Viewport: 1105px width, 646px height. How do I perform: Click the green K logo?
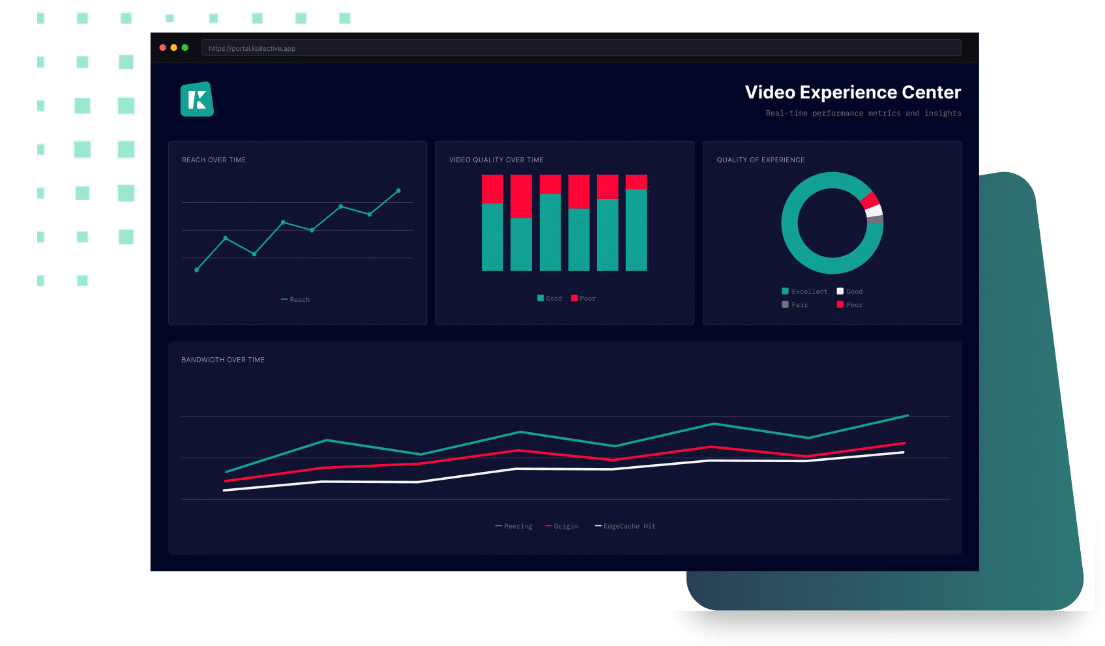(x=197, y=100)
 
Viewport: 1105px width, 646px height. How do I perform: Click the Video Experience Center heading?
(x=852, y=93)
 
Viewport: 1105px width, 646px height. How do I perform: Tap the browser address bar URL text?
(x=252, y=48)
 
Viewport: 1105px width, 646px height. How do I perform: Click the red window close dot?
(x=163, y=48)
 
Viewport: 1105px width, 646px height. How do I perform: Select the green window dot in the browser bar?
(x=185, y=48)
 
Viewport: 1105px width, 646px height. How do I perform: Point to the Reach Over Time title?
(x=214, y=160)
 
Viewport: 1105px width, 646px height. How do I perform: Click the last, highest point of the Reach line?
(x=398, y=191)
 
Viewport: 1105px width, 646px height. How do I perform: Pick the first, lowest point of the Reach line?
(x=197, y=270)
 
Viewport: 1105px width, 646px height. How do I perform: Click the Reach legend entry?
(x=296, y=300)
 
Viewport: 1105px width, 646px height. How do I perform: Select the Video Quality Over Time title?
(x=496, y=160)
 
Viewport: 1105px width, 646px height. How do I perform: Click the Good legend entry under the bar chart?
(x=550, y=299)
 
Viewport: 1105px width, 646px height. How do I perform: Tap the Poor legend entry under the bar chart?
(x=583, y=299)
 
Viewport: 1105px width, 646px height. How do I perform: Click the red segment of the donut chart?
(x=870, y=200)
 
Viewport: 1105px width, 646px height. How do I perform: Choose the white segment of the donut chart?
(x=874, y=211)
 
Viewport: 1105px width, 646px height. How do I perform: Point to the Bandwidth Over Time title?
(x=223, y=360)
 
